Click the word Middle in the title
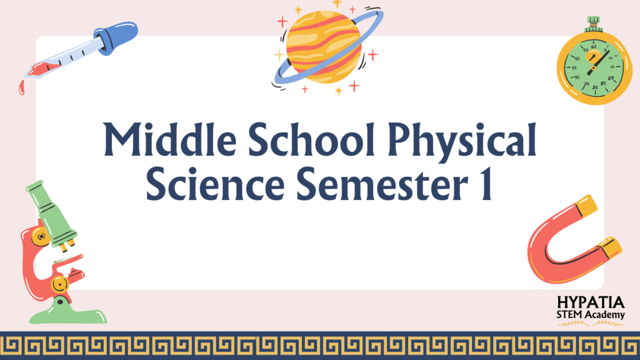pyautogui.click(x=170, y=139)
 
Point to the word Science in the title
pyautogui.click(x=215, y=184)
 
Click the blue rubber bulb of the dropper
pyautogui.click(x=116, y=37)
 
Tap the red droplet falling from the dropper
pyautogui.click(x=22, y=87)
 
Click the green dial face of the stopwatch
pyautogui.click(x=594, y=68)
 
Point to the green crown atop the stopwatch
pyautogui.click(x=594, y=24)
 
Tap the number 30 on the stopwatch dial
pyautogui.click(x=595, y=87)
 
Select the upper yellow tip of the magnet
pyautogui.click(x=586, y=205)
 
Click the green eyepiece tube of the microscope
pyautogui.click(x=51, y=214)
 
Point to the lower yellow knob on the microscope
pyautogui.click(x=59, y=284)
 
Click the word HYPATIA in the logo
pyautogui.click(x=591, y=302)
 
